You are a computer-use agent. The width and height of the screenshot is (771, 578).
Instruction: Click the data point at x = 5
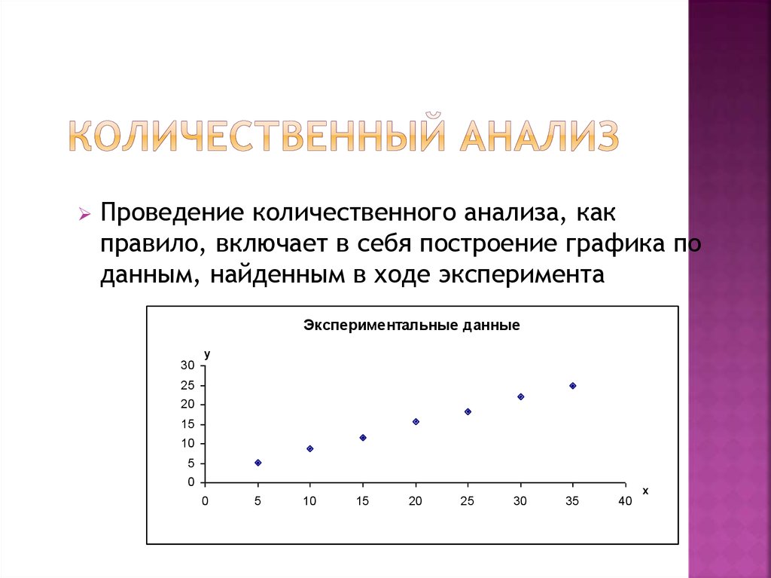pyautogui.click(x=258, y=463)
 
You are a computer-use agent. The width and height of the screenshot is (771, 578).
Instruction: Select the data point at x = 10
pyautogui.click(x=309, y=448)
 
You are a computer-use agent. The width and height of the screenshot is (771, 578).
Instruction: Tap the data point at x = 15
pyautogui.click(x=363, y=437)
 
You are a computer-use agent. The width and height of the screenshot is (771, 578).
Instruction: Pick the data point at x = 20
pyautogui.click(x=416, y=421)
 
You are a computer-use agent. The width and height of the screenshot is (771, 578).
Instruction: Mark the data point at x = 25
pyautogui.click(x=468, y=411)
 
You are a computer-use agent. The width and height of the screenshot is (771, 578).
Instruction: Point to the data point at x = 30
pyautogui.click(x=520, y=396)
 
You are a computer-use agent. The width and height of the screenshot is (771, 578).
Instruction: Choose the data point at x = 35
pyautogui.click(x=573, y=385)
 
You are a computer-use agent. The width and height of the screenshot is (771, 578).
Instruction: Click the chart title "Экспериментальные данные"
pyautogui.click(x=412, y=326)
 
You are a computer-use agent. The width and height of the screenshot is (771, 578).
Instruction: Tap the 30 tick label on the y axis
pyautogui.click(x=187, y=365)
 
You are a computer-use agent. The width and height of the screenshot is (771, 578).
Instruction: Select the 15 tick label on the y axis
pyautogui.click(x=187, y=424)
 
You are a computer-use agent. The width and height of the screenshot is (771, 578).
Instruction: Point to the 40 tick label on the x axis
pyautogui.click(x=625, y=501)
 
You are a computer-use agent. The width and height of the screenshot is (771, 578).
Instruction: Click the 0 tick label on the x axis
pyautogui.click(x=205, y=501)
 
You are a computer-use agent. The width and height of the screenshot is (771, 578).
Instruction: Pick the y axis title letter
pyautogui.click(x=207, y=353)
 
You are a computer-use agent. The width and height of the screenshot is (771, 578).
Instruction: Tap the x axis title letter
pyautogui.click(x=645, y=491)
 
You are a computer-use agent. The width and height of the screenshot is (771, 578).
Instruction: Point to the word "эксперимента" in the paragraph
pyautogui.click(x=520, y=274)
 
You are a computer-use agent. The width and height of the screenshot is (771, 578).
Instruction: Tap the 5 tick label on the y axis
pyautogui.click(x=191, y=463)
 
